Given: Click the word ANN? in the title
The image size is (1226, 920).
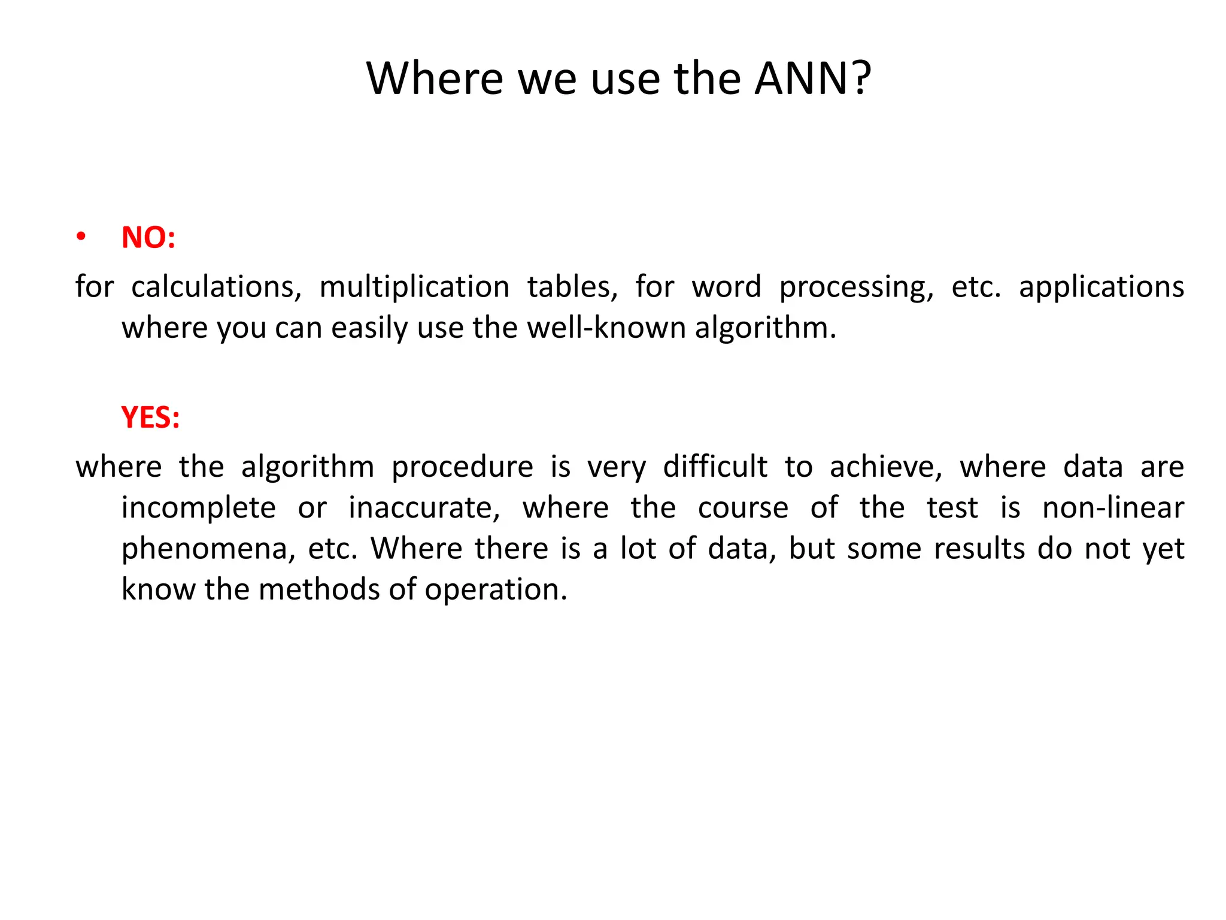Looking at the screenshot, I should tap(812, 78).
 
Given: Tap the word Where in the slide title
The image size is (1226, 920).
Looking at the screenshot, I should tap(435, 78).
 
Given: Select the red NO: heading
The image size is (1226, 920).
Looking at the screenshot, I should tap(148, 237).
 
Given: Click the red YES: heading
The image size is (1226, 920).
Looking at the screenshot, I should tap(150, 417).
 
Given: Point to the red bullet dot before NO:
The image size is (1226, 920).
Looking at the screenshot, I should tap(81, 237).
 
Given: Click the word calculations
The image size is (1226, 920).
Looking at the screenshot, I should tap(216, 287).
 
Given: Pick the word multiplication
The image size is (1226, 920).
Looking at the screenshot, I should tap(414, 287).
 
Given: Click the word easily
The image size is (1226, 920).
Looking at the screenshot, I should tap(369, 328).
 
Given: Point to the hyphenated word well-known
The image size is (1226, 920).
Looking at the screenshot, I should tap(606, 328).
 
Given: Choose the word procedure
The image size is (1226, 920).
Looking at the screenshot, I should tap(462, 467).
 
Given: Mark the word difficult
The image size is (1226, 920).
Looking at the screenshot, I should tap(715, 467).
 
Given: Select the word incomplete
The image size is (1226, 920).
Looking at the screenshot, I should tap(199, 509).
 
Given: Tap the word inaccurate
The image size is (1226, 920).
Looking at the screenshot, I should tap(424, 508).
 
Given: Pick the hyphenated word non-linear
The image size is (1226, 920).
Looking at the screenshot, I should tap(1113, 508).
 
